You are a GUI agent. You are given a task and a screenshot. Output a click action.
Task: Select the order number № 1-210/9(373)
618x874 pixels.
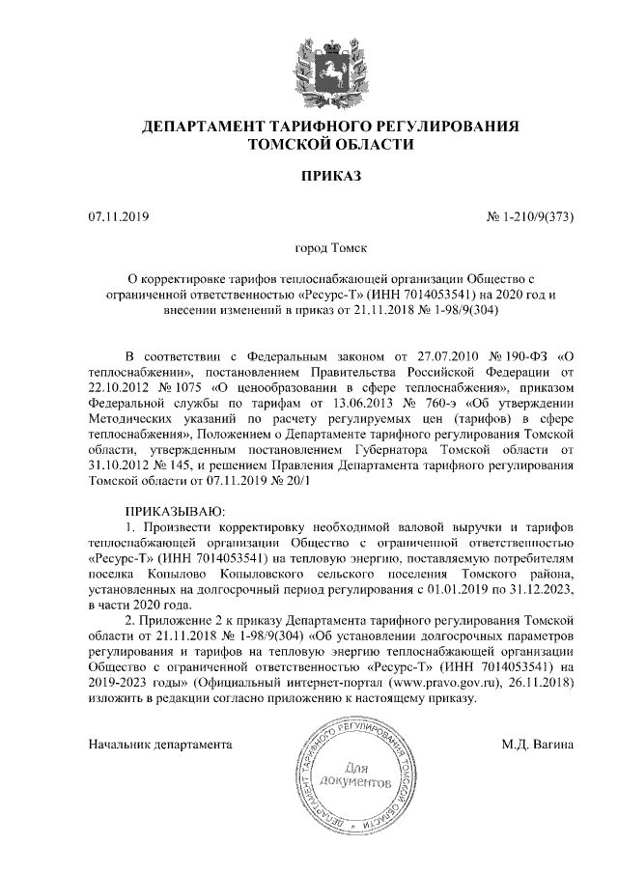point(528,216)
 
